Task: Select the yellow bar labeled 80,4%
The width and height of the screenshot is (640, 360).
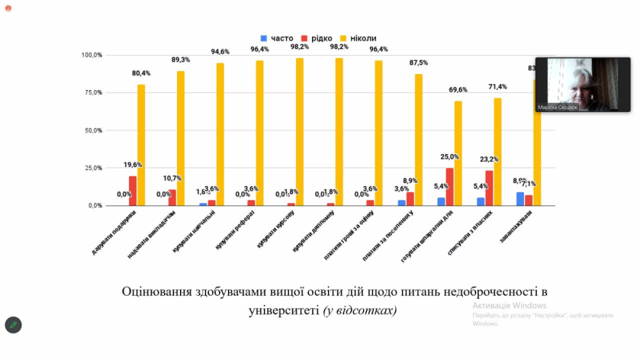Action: (141, 144)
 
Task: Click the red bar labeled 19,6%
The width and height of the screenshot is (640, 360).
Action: (133, 191)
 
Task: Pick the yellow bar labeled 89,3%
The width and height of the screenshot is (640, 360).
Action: (181, 138)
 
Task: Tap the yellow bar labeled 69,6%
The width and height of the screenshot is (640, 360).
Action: (458, 153)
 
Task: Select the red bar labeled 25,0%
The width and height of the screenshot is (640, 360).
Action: (449, 187)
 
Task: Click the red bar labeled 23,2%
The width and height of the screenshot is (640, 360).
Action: (489, 188)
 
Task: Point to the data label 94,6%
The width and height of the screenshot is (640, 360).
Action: (220, 52)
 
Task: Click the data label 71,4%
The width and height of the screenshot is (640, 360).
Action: (498, 87)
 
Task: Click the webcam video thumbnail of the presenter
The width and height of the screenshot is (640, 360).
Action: (583, 85)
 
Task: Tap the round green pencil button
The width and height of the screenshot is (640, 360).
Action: (13, 325)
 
